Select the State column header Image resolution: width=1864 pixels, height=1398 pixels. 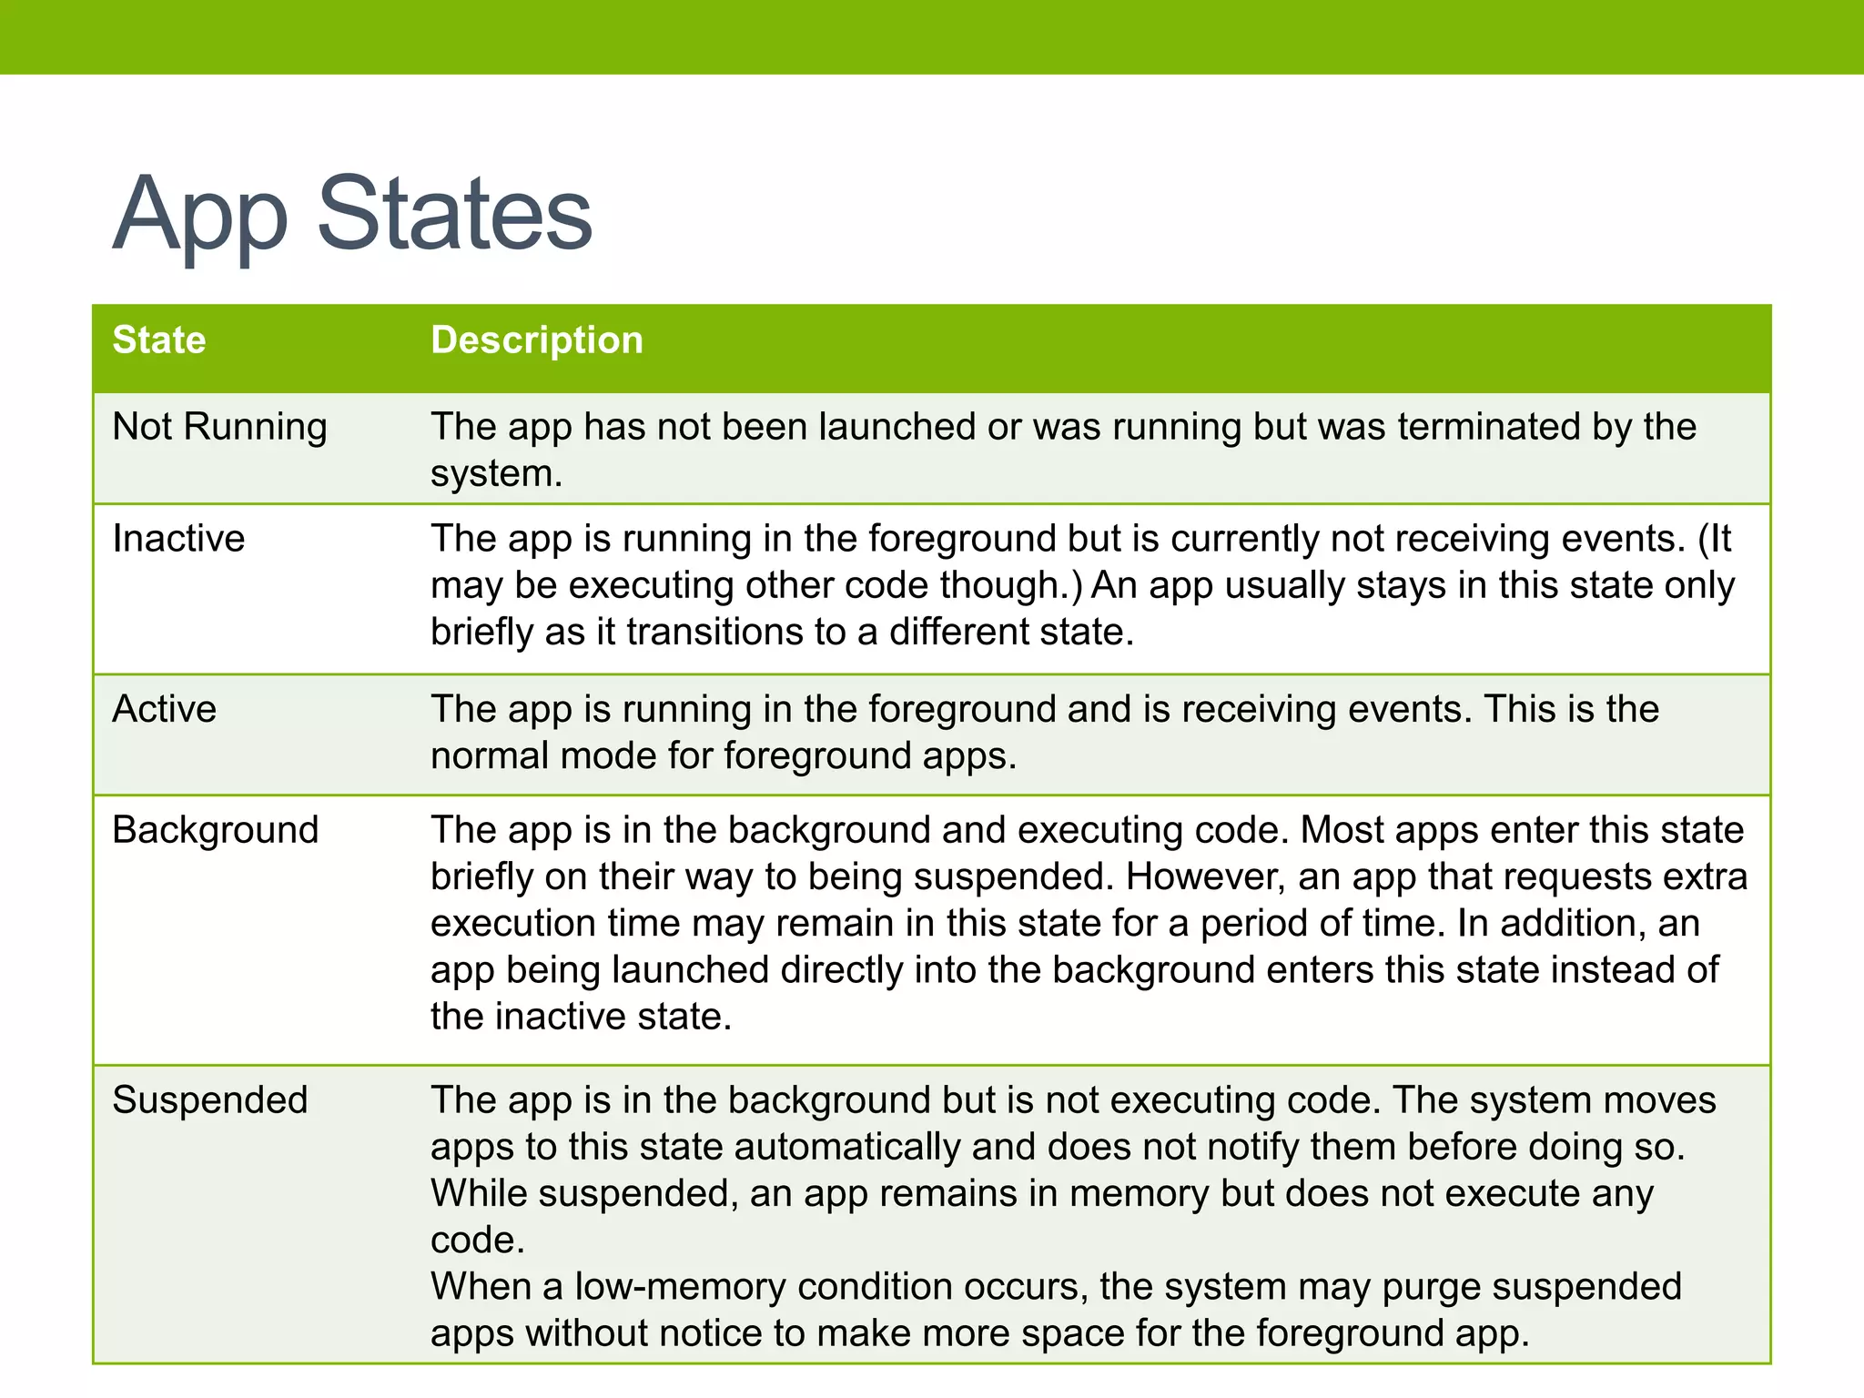coord(159,339)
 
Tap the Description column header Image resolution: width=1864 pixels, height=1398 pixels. coord(537,339)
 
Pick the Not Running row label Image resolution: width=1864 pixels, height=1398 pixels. coord(219,426)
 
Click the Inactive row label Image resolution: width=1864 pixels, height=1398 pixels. coord(178,538)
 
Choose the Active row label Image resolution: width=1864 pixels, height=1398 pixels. coord(165,708)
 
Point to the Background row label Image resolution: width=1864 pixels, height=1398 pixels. coord(216,829)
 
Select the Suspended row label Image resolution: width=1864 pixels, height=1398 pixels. coord(210,1099)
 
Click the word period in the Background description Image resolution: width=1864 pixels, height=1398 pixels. coord(1252,923)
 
